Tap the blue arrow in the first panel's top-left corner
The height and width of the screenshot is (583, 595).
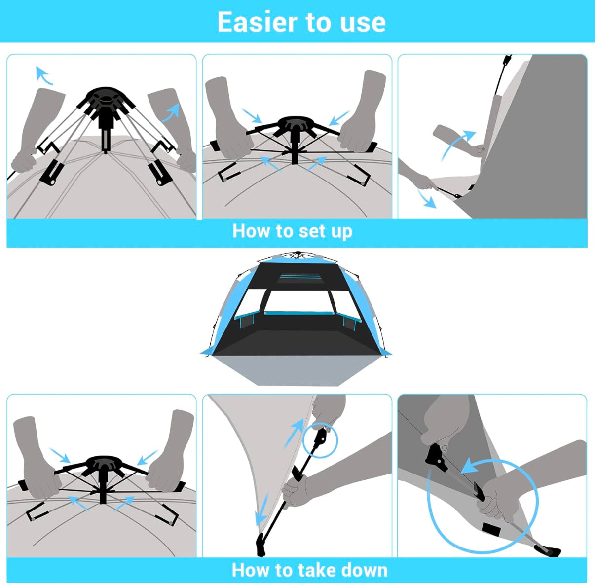[43, 74]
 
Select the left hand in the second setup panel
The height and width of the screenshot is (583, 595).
[227, 117]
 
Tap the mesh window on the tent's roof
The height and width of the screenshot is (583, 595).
[300, 278]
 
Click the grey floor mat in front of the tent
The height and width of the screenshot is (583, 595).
[296, 370]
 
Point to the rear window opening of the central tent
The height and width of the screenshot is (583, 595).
[299, 301]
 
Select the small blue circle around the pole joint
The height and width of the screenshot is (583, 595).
[321, 440]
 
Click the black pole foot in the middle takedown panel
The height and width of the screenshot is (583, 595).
[261, 545]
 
